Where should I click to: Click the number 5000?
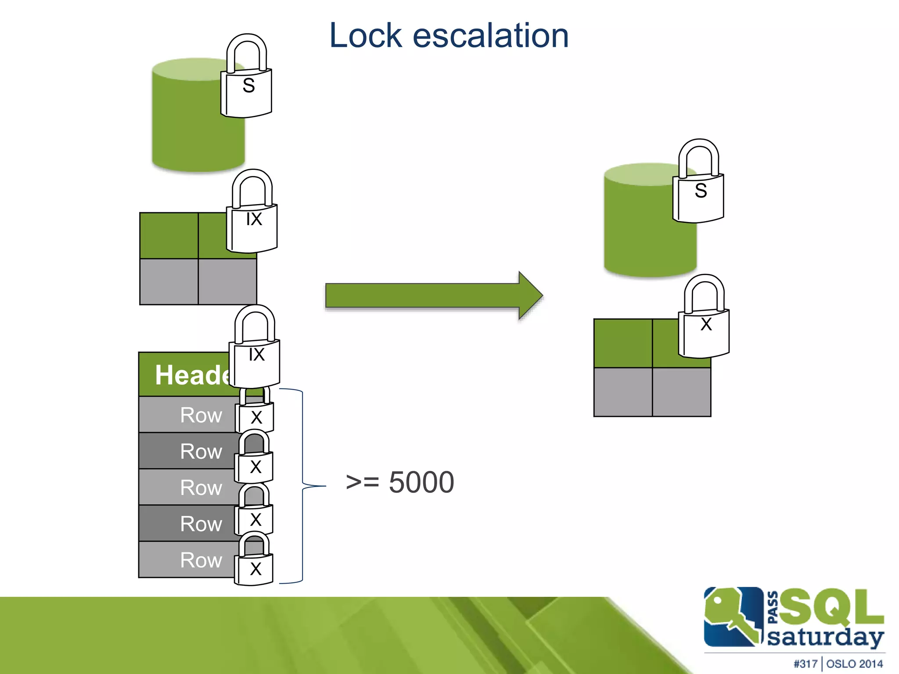click(421, 482)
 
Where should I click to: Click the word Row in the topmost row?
click(201, 415)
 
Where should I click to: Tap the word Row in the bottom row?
click(201, 560)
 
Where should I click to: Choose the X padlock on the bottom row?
click(254, 566)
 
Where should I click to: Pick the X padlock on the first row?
click(255, 415)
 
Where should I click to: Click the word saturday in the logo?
click(825, 637)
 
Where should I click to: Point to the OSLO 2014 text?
click(854, 664)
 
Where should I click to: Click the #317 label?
click(805, 664)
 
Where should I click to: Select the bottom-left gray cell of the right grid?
click(623, 392)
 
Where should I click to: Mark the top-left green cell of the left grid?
click(169, 236)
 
